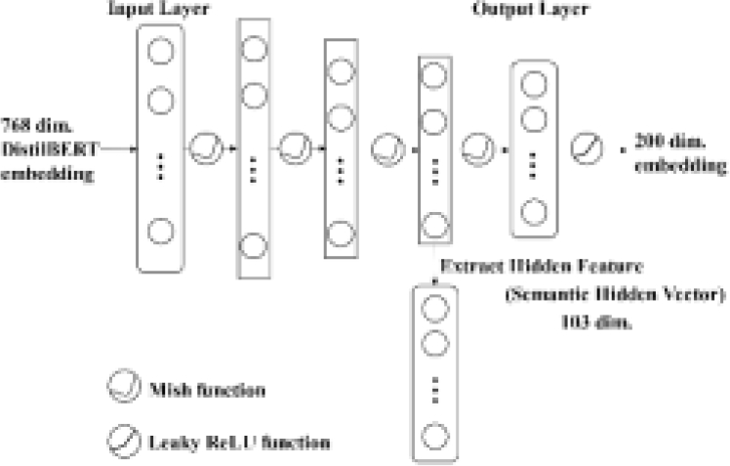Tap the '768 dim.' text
[x=32, y=125]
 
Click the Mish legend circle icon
[x=119, y=389]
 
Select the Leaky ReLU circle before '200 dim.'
[x=587, y=148]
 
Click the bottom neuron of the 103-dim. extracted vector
[x=435, y=436]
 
